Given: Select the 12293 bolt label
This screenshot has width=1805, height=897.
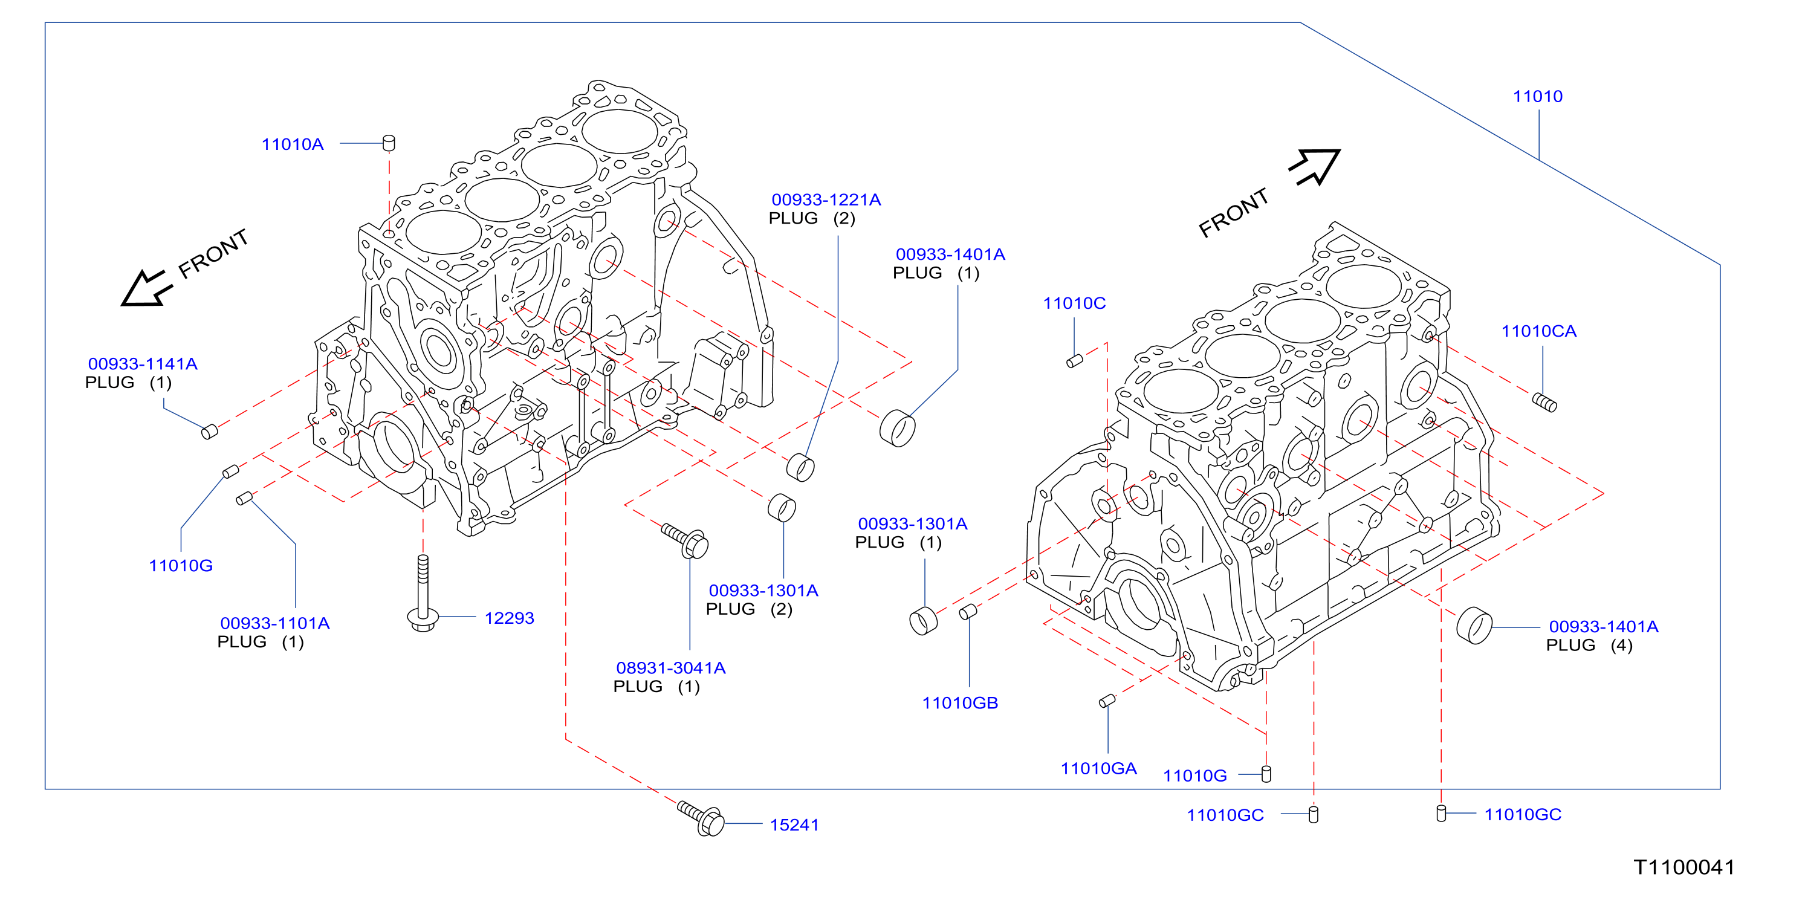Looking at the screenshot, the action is (509, 618).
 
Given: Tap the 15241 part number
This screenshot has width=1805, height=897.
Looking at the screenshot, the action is (794, 825).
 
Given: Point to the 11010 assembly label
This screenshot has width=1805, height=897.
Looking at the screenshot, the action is (1537, 97).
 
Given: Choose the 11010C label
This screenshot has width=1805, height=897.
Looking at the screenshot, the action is (1074, 303).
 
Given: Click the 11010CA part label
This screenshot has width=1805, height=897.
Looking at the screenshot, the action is (1539, 331).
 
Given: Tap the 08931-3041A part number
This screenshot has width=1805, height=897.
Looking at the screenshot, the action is (670, 669).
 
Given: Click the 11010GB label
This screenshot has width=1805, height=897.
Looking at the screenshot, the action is (960, 703).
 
